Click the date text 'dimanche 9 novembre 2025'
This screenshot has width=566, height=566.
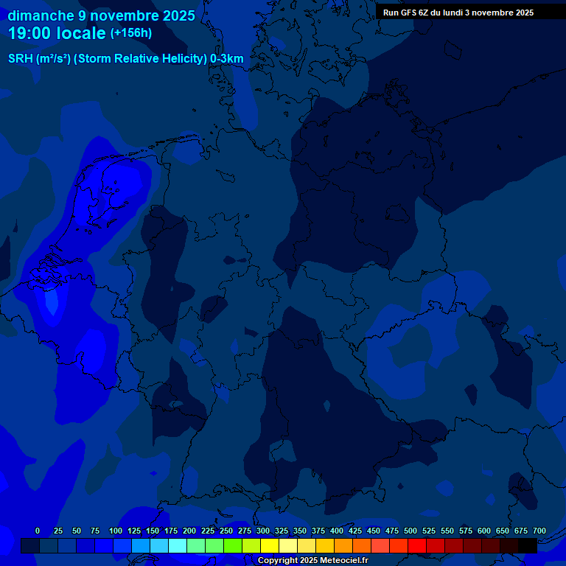click(102, 15)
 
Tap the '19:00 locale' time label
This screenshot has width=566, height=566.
click(57, 33)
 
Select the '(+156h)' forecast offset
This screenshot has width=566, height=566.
click(131, 33)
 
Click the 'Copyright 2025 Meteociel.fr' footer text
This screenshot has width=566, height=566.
click(312, 561)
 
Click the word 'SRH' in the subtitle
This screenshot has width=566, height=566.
click(20, 59)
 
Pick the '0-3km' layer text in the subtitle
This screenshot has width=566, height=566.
click(227, 59)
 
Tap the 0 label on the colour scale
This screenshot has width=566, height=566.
click(38, 531)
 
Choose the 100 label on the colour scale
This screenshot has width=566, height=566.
click(116, 531)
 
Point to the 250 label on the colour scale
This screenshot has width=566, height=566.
click(226, 531)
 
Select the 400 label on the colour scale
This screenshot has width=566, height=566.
click(337, 531)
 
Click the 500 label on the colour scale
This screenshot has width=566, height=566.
click(410, 531)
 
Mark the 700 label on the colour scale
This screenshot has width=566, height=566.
click(539, 531)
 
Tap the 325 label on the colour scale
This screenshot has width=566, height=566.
click(282, 531)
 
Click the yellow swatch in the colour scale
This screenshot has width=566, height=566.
click(270, 545)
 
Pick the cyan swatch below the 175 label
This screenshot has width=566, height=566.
click(178, 545)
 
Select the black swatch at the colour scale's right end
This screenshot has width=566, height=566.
click(528, 545)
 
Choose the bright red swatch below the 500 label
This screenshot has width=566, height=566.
click(417, 545)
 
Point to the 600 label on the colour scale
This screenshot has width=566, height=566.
click(484, 531)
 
